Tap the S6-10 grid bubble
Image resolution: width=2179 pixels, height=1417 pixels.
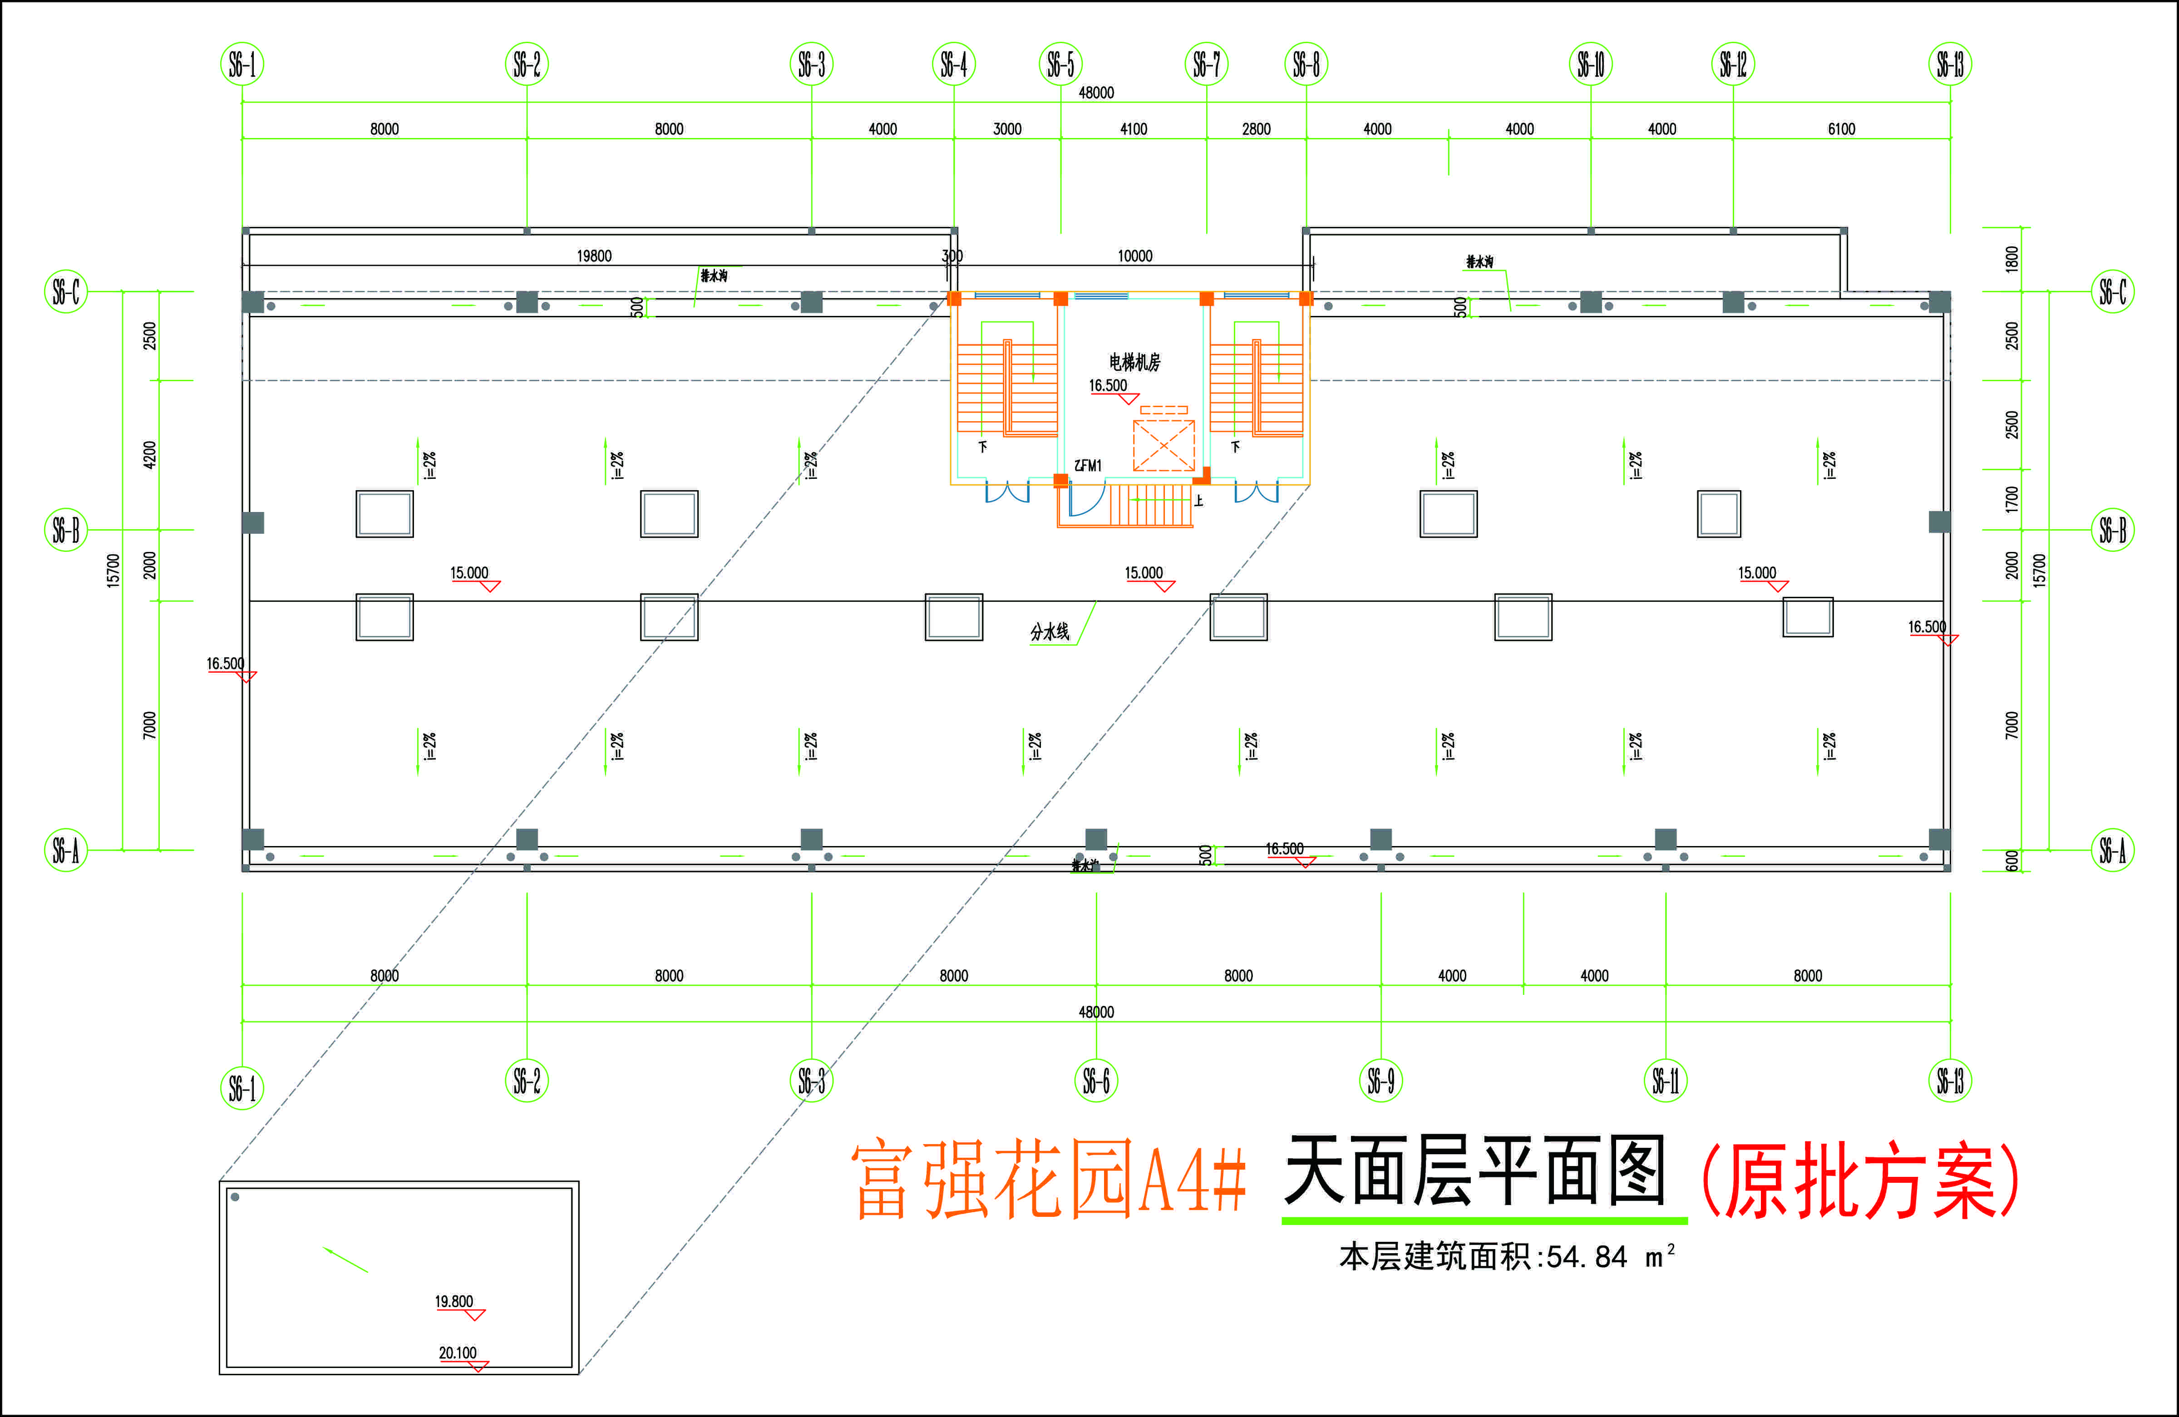click(x=1590, y=64)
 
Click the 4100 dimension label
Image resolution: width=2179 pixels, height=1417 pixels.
click(x=1134, y=129)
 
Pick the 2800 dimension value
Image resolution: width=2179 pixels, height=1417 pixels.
click(x=1256, y=129)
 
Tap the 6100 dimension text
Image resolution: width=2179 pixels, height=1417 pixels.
click(x=1841, y=129)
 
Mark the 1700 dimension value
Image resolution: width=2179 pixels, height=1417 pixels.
click(x=2011, y=499)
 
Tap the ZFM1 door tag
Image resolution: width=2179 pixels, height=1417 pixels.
click(x=1088, y=466)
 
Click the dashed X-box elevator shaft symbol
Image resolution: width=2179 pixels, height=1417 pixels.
click(x=1163, y=446)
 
